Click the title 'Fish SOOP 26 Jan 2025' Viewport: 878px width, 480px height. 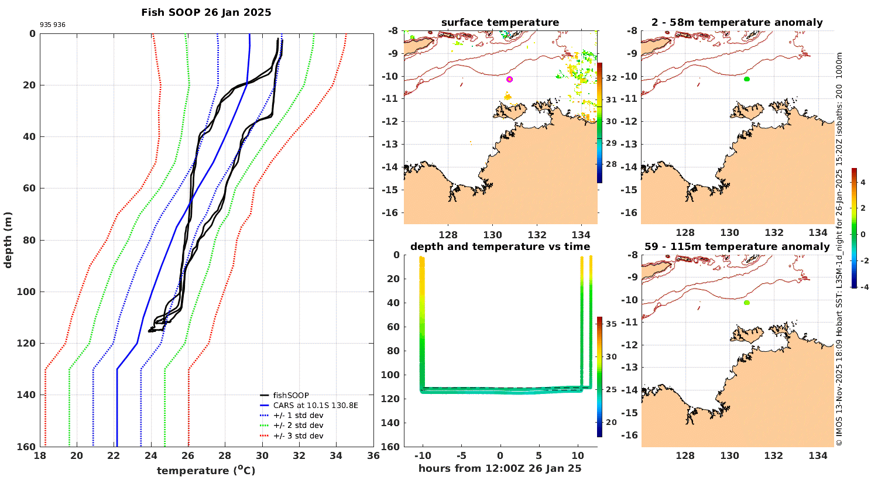(206, 12)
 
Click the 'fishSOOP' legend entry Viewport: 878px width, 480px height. (290, 396)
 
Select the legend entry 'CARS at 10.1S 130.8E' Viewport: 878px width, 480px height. (315, 405)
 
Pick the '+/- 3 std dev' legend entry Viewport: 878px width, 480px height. (298, 436)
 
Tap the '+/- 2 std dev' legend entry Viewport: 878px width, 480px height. (298, 426)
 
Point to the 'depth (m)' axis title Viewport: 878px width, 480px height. (8, 240)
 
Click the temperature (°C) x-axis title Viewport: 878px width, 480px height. (206, 471)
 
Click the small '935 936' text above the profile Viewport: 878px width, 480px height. (53, 25)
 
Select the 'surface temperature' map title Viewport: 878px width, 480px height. (500, 22)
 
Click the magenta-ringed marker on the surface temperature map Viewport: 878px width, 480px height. (509, 79)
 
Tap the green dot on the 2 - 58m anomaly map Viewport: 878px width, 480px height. (747, 79)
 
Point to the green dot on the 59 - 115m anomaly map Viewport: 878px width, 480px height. (747, 303)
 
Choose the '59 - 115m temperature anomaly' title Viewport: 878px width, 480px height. (737, 246)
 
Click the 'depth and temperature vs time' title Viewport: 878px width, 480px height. (500, 246)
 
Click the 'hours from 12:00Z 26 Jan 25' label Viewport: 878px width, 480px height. (500, 468)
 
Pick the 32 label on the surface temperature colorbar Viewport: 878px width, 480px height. (611, 78)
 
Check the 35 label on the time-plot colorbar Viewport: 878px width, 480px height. (611, 324)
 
